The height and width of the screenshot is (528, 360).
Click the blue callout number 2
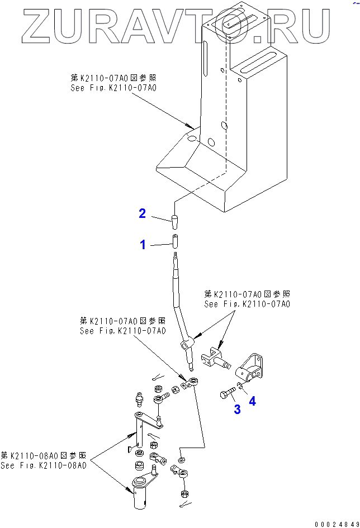(143, 213)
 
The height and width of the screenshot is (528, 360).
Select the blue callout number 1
(143, 244)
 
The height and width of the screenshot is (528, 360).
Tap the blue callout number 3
(237, 410)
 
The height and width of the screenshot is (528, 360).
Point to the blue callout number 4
(253, 401)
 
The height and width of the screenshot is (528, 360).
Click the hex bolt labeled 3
(226, 395)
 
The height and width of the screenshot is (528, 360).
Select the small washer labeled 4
(240, 385)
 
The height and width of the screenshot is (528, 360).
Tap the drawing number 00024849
(337, 524)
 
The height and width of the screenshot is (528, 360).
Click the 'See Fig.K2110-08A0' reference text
(44, 465)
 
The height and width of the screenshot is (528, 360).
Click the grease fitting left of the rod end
(139, 400)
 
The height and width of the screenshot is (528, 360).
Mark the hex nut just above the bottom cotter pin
(185, 494)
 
